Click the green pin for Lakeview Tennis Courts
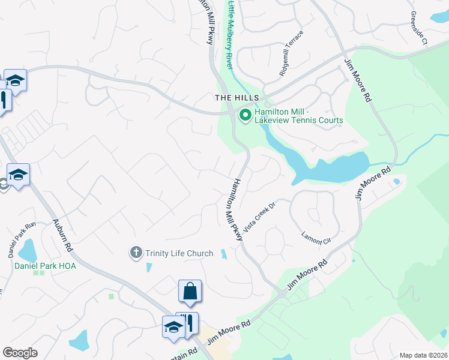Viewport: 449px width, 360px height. (x=245, y=115)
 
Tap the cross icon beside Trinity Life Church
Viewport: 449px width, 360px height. (x=137, y=253)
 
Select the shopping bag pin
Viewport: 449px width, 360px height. (x=190, y=292)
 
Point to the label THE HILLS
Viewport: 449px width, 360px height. (x=237, y=98)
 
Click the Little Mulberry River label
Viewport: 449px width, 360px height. (x=229, y=35)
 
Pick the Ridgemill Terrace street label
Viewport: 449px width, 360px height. (x=291, y=53)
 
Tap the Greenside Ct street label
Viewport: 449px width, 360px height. (x=418, y=28)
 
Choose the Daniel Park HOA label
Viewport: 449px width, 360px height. (x=41, y=265)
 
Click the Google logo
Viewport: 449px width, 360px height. (x=20, y=353)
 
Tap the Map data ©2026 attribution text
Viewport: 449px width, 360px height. (x=423, y=355)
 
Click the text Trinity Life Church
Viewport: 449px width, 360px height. (x=179, y=253)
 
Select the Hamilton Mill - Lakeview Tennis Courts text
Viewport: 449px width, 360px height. (x=298, y=116)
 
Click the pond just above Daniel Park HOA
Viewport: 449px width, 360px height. (x=27, y=248)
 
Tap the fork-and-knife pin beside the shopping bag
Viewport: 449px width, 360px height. (x=190, y=324)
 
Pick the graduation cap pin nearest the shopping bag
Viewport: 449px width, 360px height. (x=173, y=327)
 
